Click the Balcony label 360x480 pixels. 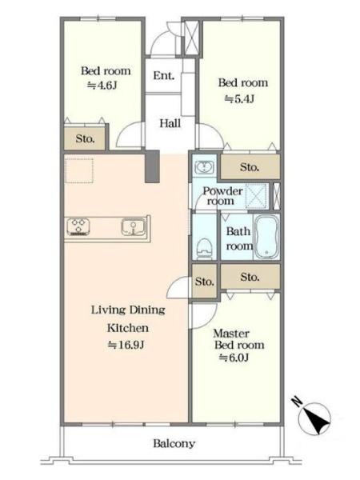click(x=174, y=443)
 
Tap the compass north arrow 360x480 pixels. click(x=315, y=418)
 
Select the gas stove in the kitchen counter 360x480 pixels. click(x=78, y=227)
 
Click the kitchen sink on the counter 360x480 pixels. click(x=134, y=227)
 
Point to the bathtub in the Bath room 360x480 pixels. click(x=266, y=237)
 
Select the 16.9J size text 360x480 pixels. click(x=126, y=345)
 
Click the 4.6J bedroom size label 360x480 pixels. click(x=102, y=85)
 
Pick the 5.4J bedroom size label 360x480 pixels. click(x=240, y=98)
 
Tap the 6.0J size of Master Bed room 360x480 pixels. click(x=234, y=358)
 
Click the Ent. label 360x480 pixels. click(x=164, y=75)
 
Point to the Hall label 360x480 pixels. click(x=170, y=123)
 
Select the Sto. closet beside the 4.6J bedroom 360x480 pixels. click(x=85, y=138)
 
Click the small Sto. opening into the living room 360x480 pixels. click(x=205, y=281)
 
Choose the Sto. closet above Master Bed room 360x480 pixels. click(x=250, y=277)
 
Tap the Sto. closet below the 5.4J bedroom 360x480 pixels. click(x=250, y=167)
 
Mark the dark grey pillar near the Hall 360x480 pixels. click(x=152, y=166)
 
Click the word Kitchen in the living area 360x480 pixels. click(x=128, y=328)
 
